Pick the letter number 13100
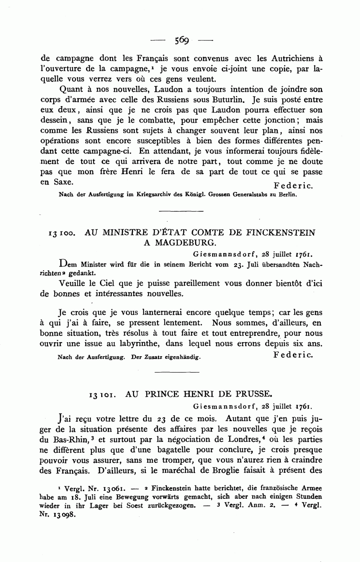point(60,233)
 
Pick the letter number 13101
point(102,394)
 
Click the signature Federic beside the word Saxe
point(293,186)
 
